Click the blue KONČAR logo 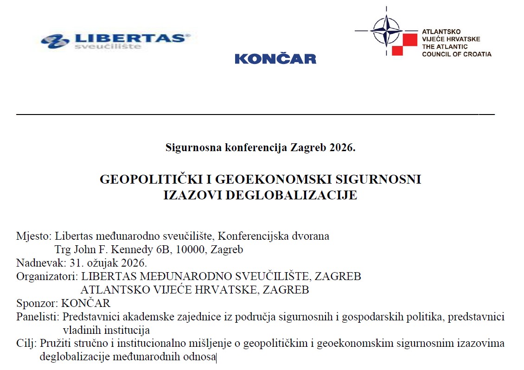point(275,58)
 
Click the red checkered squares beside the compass point(404,44)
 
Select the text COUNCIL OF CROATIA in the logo point(456,54)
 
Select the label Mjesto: point(34,236)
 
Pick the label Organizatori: point(47,277)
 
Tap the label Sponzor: point(37,304)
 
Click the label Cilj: point(27,344)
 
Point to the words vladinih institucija point(106,331)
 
